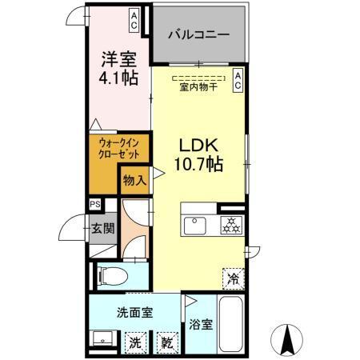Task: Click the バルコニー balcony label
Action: pos(199,36)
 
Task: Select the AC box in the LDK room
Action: pos(238,78)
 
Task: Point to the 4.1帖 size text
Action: pos(118,78)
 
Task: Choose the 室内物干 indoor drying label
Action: pos(198,87)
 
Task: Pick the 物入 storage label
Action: pos(134,181)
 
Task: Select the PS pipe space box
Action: pos(95,204)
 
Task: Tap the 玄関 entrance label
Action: pos(102,228)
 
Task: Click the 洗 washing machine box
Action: pos(137,342)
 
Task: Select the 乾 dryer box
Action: pos(167,342)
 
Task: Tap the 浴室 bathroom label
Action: pos(201,325)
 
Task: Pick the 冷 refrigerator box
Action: pos(234,279)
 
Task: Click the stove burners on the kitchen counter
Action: pos(231,225)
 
